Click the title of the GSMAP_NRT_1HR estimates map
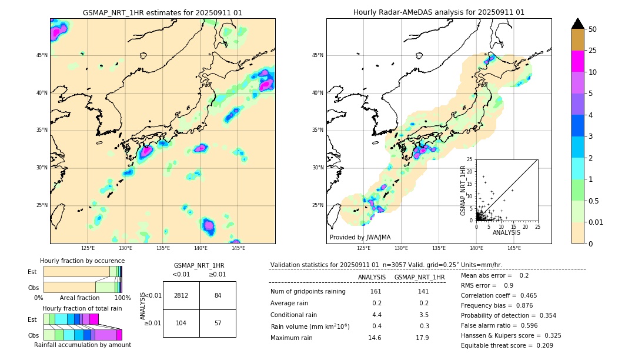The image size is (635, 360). tap(162, 12)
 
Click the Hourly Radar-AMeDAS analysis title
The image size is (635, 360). tap(439, 12)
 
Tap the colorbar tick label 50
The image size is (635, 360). tap(593, 29)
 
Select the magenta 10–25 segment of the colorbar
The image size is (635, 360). tap(577, 61)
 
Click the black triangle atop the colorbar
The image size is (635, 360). tap(577, 24)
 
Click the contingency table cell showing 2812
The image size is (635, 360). tap(181, 295)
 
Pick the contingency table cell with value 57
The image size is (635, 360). tap(218, 323)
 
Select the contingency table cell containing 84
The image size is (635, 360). tap(218, 295)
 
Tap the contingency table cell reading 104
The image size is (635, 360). tap(181, 323)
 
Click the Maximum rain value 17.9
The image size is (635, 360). tap(422, 338)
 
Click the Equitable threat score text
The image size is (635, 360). tap(507, 345)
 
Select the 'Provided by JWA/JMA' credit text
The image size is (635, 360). tap(360, 238)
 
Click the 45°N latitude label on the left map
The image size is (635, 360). tap(42, 55)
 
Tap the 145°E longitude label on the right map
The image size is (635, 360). tap(514, 248)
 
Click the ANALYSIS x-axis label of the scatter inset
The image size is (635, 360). tap(506, 232)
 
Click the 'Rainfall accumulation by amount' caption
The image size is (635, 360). tap(82, 345)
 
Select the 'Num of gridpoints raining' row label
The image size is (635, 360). tap(308, 292)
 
